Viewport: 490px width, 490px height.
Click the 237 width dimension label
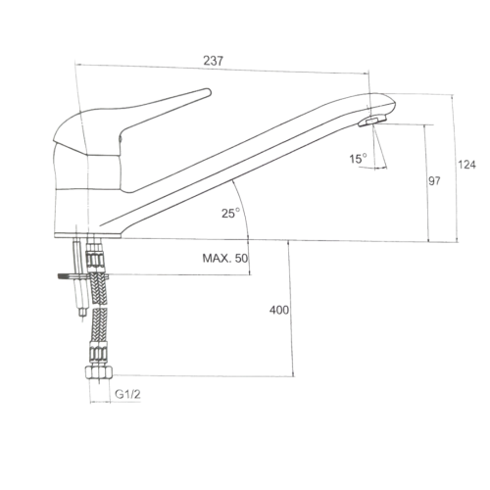213,61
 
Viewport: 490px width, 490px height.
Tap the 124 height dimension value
466,165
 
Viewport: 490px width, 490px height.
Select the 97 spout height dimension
434,180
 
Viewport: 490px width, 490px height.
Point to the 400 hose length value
279,310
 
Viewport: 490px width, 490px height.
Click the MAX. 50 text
225,259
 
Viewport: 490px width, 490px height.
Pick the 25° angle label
231,214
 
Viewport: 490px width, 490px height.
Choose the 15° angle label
359,159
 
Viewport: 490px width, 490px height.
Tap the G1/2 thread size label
127,394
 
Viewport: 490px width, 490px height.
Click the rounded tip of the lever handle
208,92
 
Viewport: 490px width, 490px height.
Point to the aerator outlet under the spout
371,122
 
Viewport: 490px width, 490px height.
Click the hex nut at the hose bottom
99,372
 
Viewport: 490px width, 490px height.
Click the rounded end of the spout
392,104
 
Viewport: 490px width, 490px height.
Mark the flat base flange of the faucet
87,235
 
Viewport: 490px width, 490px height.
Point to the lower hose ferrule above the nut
99,354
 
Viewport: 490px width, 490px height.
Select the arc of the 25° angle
244,208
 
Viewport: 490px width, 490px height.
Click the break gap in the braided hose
99,307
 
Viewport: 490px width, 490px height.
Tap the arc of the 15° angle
372,169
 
